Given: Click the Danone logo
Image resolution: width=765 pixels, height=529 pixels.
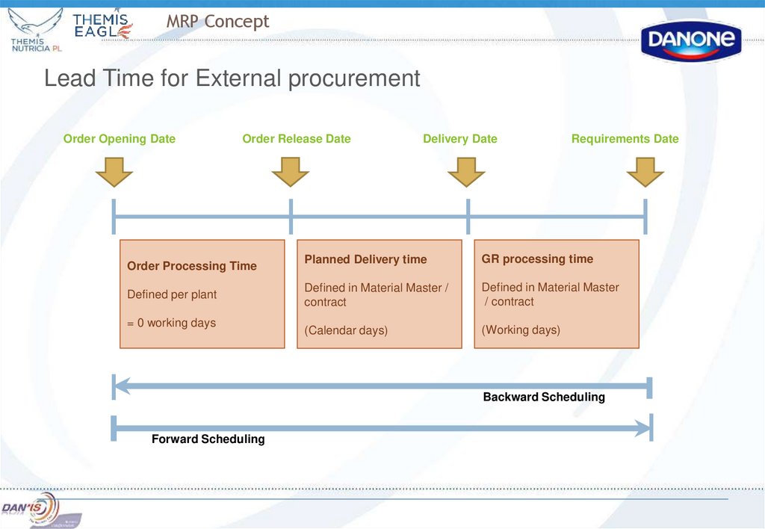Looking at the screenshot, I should (691, 41).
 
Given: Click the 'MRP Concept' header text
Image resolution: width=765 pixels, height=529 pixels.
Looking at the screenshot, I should (217, 22).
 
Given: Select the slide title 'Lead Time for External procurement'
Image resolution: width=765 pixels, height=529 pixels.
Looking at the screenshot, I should (232, 78).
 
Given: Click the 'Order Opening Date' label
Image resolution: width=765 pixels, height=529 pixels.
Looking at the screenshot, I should (120, 139).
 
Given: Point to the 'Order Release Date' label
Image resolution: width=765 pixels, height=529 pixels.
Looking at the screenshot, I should (297, 139).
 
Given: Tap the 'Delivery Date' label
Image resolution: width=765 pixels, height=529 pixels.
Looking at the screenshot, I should (460, 139).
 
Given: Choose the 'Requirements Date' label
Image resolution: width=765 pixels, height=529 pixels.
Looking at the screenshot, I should (625, 139).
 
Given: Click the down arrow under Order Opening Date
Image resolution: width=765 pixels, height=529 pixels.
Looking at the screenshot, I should (114, 172).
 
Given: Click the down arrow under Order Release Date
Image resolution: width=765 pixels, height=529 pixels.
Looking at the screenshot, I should (291, 172).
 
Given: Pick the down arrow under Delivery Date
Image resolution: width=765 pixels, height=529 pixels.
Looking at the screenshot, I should (466, 172).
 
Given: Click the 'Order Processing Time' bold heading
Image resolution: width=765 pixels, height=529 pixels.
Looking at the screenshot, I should (192, 266).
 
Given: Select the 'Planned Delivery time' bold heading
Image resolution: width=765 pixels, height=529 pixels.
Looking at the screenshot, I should (365, 259).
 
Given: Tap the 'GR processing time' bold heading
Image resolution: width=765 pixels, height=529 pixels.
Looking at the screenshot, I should (537, 259).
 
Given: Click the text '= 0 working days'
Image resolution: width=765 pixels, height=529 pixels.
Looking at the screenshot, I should (171, 323).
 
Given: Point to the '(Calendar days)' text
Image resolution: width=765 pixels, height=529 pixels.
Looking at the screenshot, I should (346, 330).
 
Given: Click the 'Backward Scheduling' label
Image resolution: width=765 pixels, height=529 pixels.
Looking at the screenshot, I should (544, 397).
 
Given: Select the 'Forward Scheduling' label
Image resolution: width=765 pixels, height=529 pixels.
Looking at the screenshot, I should (208, 439).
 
